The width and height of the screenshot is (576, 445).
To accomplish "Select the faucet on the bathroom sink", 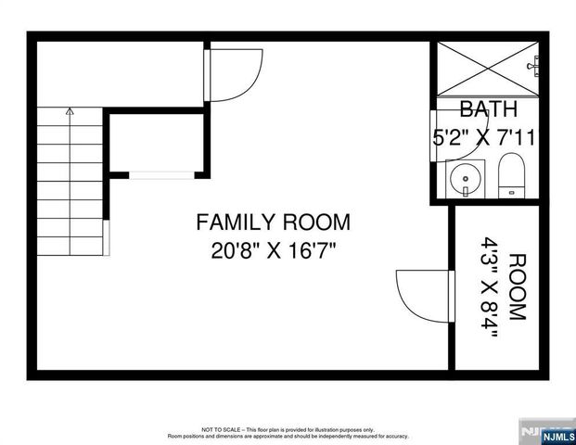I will [x=462, y=192].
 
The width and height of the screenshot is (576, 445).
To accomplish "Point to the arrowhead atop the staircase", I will [x=70, y=110].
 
